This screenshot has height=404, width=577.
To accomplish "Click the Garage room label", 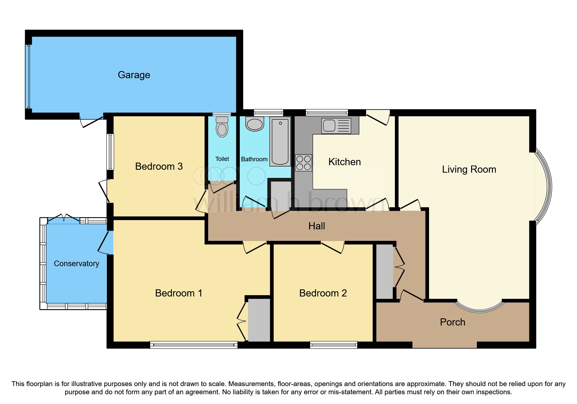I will (x=134, y=75).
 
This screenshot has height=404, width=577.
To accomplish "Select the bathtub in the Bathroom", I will (x=280, y=142).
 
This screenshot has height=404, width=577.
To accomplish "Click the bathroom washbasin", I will (x=254, y=124).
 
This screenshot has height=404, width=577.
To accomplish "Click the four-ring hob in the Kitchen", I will (x=303, y=163).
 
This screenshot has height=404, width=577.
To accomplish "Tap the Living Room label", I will (x=469, y=169).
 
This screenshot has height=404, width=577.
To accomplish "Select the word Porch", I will (x=452, y=322).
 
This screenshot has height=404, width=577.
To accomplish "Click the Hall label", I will (x=317, y=226).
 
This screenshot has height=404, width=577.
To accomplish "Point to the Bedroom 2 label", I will (x=323, y=293).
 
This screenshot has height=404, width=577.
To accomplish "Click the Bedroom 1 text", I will (x=179, y=293).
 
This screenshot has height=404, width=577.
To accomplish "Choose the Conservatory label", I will (x=76, y=264).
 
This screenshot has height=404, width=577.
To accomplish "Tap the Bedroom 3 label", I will (x=159, y=166).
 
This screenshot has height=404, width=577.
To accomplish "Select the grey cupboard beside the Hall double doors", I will (x=384, y=271).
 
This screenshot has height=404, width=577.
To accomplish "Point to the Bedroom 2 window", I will (x=333, y=345).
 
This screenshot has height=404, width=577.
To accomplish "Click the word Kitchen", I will (x=344, y=162).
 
